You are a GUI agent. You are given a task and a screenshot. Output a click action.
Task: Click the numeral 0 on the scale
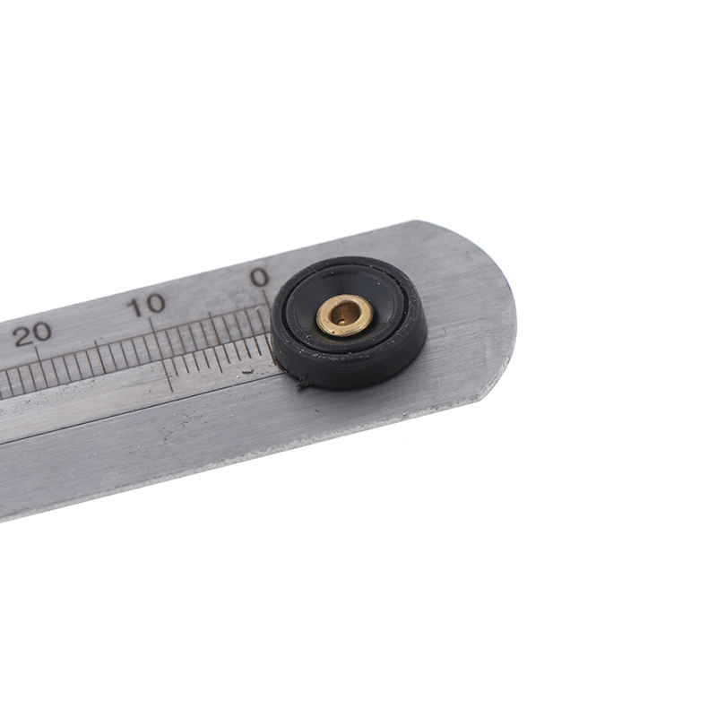[260, 277]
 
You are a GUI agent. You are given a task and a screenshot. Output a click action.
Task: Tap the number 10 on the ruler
[146, 305]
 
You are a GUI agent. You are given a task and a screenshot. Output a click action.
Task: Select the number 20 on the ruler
[32, 333]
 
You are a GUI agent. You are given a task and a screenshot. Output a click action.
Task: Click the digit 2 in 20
[22, 337]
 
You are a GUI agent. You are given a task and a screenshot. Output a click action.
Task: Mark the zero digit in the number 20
[42, 332]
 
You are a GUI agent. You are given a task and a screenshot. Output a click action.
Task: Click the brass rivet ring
[345, 315]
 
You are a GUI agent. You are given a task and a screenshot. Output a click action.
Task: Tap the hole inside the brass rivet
[343, 314]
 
